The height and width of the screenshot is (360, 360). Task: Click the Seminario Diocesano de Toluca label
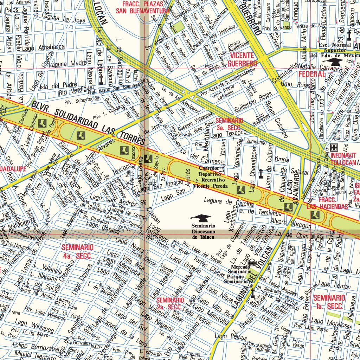coord(203,232)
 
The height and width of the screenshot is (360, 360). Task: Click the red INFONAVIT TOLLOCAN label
coord(343,159)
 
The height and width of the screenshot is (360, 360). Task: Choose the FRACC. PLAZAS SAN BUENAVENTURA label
coord(143,7)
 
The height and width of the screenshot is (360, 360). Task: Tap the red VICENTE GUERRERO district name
coord(242,59)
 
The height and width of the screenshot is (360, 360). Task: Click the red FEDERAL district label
coord(312,74)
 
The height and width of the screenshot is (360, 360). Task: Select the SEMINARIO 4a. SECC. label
coord(77,251)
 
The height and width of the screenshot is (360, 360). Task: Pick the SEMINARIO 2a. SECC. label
coord(170,303)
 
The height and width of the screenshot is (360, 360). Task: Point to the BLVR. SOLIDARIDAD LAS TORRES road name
coord(88,123)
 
